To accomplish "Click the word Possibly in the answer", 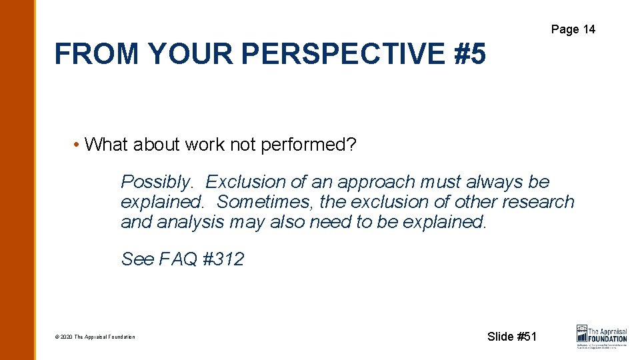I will [158, 182].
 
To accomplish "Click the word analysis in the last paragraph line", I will [193, 221].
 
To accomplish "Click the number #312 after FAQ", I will [223, 259].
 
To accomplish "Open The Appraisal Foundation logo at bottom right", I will [601, 336].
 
